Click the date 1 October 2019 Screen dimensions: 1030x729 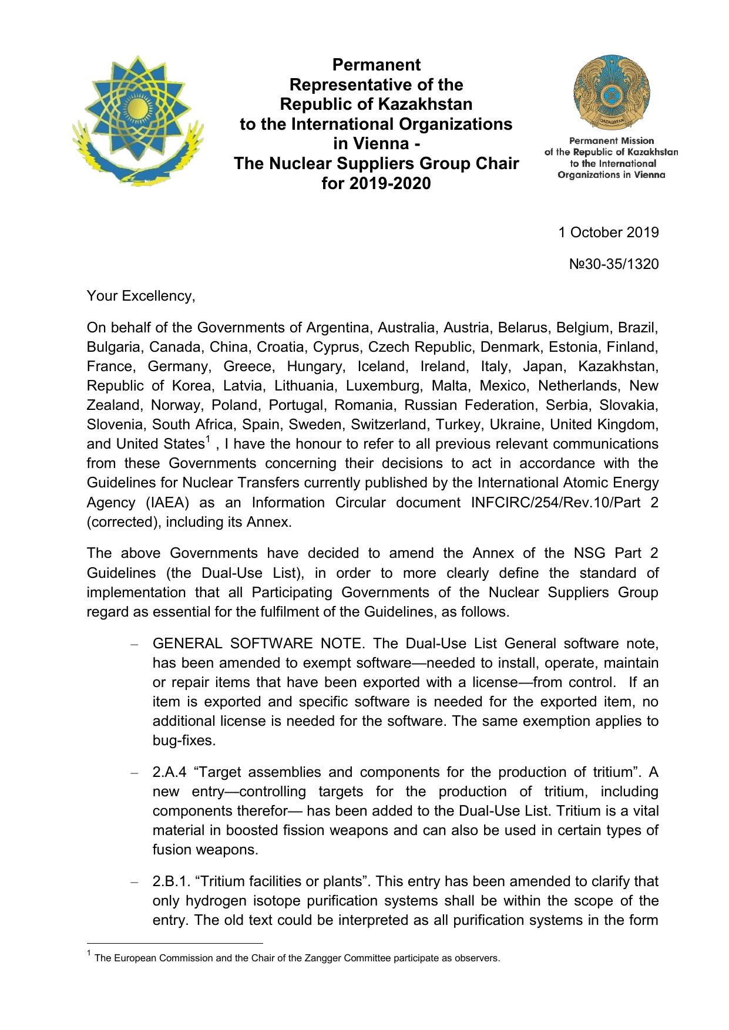(608, 232)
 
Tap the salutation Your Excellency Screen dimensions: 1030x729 (140, 296)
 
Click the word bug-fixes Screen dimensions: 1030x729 (183, 740)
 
